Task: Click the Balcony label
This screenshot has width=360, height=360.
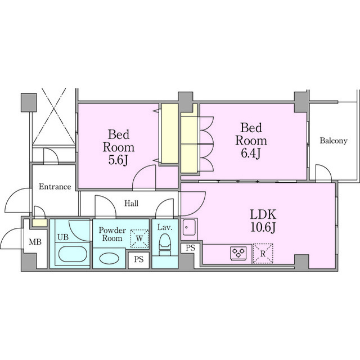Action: (334, 141)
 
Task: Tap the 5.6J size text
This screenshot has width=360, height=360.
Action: (118, 160)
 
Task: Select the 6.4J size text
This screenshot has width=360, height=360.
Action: (251, 153)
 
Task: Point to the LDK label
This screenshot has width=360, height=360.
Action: (263, 214)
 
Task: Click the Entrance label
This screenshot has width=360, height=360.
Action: (55, 186)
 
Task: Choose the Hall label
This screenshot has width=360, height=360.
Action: (131, 203)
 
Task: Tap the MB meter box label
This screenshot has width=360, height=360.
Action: (35, 242)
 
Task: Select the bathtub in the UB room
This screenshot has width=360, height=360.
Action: (73, 254)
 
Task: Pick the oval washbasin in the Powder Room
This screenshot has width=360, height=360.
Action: (109, 258)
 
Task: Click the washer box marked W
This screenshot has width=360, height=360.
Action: (139, 238)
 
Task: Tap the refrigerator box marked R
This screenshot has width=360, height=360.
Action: (263, 254)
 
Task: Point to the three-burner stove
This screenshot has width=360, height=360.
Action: (238, 253)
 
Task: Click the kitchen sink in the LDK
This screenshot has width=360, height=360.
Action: (189, 227)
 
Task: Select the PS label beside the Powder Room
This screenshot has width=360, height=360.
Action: (139, 259)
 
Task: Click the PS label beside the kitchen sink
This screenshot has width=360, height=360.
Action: (190, 248)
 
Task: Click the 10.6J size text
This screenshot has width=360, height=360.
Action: (263, 227)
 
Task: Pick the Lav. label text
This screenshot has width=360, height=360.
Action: (165, 227)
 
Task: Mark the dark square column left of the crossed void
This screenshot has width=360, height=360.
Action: (29, 102)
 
